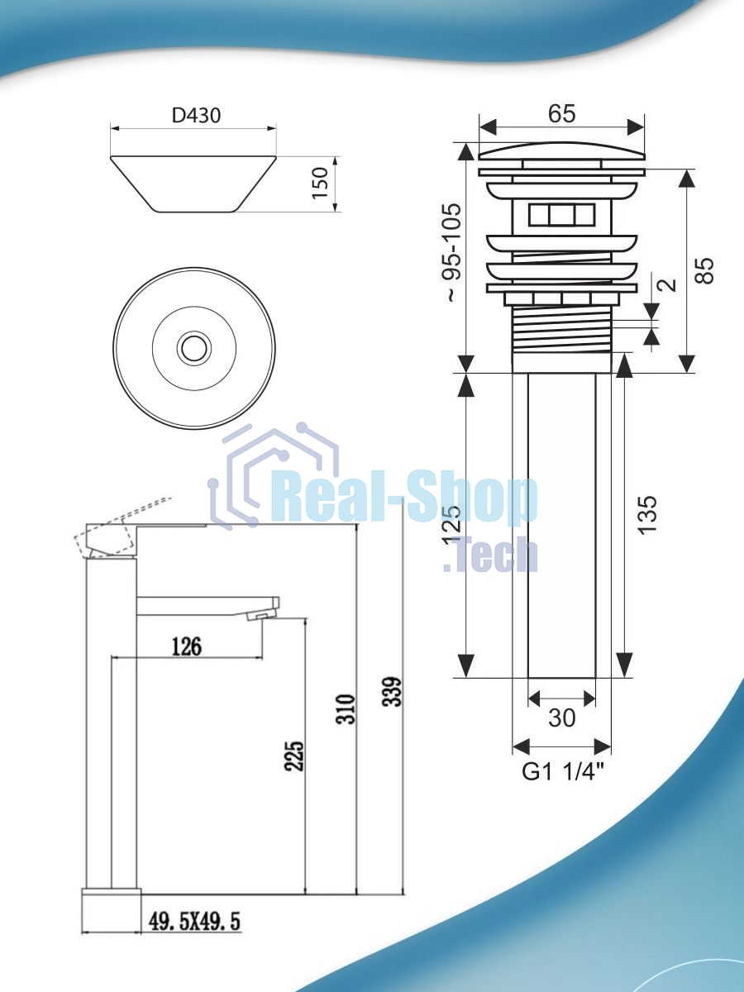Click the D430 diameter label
pos(196,116)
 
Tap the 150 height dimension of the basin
pos(320,183)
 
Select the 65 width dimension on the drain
pos(562,113)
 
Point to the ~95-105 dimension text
pos(453,253)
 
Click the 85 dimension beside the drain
pos(704,270)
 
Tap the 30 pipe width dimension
pos(561,717)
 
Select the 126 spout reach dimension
pos(187,646)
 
